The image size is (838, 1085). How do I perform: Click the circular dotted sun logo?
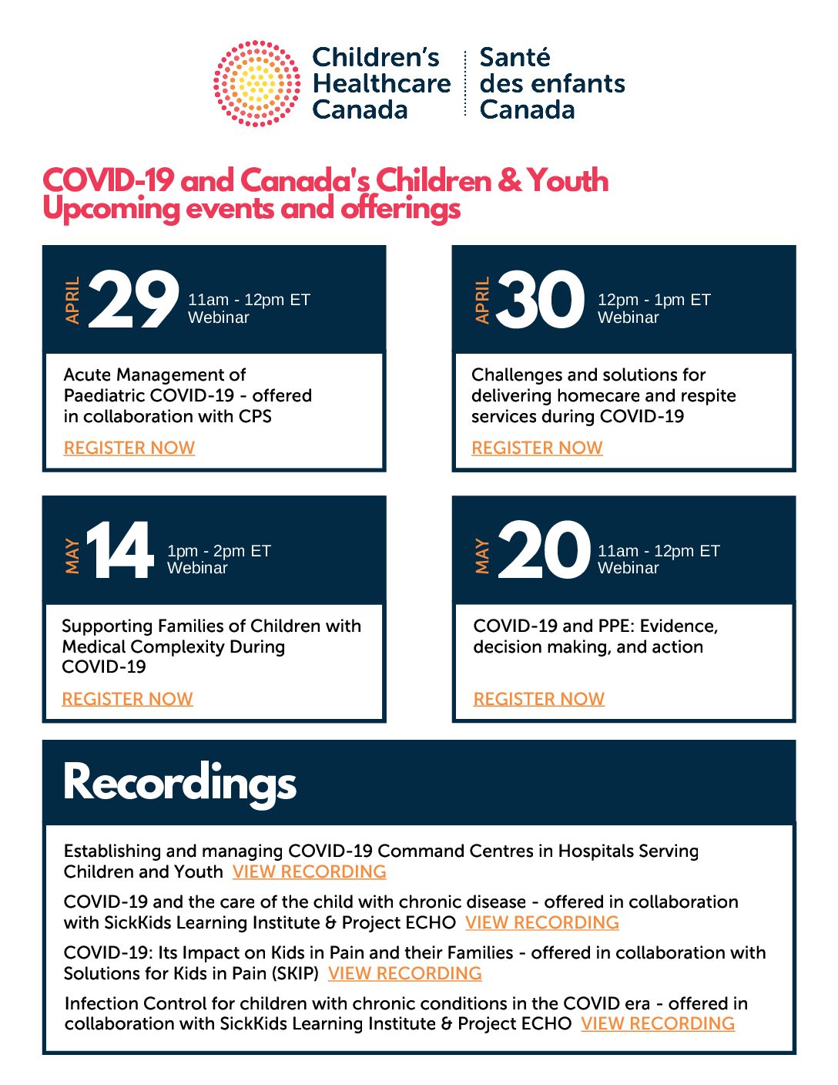click(256, 83)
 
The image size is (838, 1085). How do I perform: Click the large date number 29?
click(134, 301)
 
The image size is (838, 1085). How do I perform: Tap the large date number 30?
click(541, 301)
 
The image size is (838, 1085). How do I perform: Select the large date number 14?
click(120, 551)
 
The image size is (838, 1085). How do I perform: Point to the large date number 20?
click(544, 551)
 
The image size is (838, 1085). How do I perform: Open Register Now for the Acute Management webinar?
click(129, 448)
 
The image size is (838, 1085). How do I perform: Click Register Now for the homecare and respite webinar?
click(537, 448)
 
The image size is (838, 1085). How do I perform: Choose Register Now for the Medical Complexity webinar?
click(127, 699)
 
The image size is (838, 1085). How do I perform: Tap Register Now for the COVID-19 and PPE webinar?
click(539, 699)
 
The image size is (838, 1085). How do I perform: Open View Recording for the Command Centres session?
click(309, 872)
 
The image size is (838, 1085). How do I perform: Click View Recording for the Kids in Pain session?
click(404, 973)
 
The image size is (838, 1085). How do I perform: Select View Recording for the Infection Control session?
click(658, 1023)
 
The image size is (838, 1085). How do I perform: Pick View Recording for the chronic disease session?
click(541, 922)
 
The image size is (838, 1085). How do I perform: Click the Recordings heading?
click(179, 783)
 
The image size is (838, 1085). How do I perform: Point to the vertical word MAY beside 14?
click(72, 556)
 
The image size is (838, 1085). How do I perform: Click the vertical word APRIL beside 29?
click(72, 301)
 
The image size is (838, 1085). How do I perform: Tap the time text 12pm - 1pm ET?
click(654, 300)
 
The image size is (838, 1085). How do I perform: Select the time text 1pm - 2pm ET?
click(219, 551)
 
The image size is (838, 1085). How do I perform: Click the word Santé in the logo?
click(515, 58)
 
